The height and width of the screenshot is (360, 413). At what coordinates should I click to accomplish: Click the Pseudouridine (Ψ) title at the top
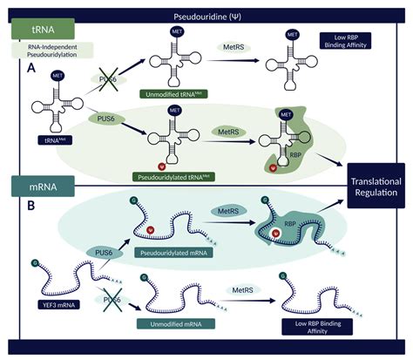click(206, 16)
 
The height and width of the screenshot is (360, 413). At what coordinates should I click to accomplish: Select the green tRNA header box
click(34, 31)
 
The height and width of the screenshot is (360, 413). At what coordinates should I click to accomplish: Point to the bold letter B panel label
click(31, 208)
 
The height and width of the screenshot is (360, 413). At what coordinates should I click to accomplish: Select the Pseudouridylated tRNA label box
click(173, 175)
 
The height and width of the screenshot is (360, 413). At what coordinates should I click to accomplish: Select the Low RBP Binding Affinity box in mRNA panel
click(322, 325)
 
